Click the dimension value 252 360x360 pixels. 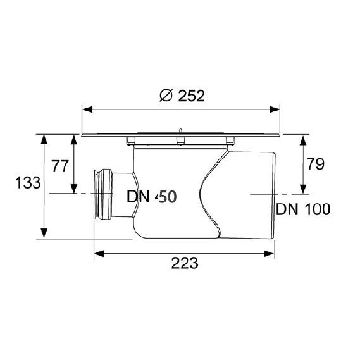tap(191, 96)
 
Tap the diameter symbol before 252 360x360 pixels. tap(166, 96)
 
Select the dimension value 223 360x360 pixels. tap(184, 263)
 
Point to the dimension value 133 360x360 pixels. tap(28, 183)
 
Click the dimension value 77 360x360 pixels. tap(59, 166)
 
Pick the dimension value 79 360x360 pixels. tap(316, 164)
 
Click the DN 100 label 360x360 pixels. tap(303, 209)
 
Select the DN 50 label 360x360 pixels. tap(152, 197)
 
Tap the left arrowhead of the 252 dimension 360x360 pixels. tap(87, 109)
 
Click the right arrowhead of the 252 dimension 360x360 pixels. tap(275, 109)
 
